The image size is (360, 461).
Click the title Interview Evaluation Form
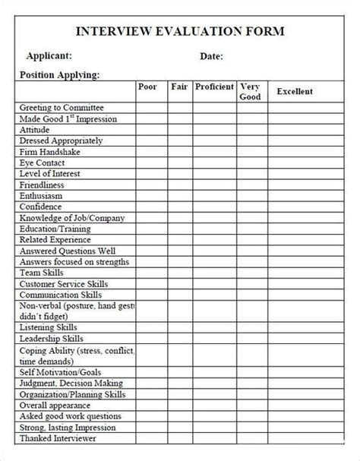[x=179, y=31]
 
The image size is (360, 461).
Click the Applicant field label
[x=49, y=56]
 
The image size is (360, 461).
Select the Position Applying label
[x=58, y=74]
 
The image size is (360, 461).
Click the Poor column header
[x=147, y=87]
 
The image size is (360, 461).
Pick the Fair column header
[x=179, y=87]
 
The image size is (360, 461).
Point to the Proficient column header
[x=214, y=87]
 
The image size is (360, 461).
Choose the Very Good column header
[x=251, y=91]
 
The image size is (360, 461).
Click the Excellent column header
[x=295, y=91]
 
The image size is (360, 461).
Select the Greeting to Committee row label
[x=62, y=108]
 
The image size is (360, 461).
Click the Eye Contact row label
[x=43, y=163]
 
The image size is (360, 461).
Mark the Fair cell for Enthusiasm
[x=180, y=196]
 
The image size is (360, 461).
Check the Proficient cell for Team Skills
[x=214, y=273]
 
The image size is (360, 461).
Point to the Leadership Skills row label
[x=52, y=338]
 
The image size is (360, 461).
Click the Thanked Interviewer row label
[x=58, y=438]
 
